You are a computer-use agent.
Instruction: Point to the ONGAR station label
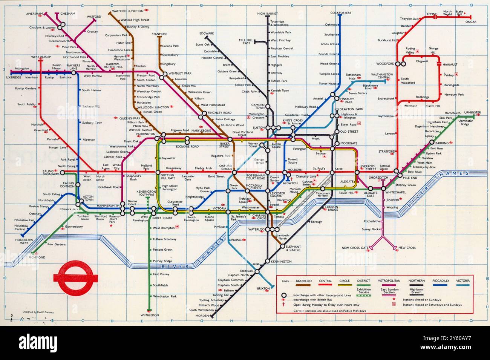point(471,22)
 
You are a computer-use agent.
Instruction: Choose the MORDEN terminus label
point(202,316)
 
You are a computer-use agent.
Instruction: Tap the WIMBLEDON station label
point(150,315)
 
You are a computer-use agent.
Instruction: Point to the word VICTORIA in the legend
point(462,281)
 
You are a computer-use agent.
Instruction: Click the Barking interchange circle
point(432,142)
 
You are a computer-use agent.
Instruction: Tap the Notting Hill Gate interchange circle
point(158,172)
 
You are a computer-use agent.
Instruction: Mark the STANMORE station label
point(159,34)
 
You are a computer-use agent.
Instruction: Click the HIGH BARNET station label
point(268,14)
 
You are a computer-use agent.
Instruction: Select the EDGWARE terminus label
point(207,34)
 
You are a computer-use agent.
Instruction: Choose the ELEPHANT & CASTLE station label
point(293,248)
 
